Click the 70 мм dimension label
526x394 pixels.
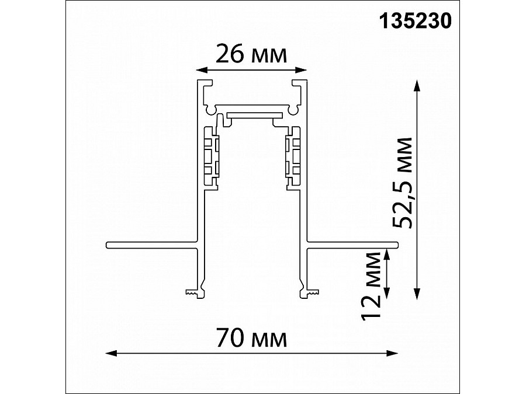coord(251,338)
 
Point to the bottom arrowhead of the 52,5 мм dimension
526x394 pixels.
coord(417,295)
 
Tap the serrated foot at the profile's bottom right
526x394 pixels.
coord(311,291)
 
